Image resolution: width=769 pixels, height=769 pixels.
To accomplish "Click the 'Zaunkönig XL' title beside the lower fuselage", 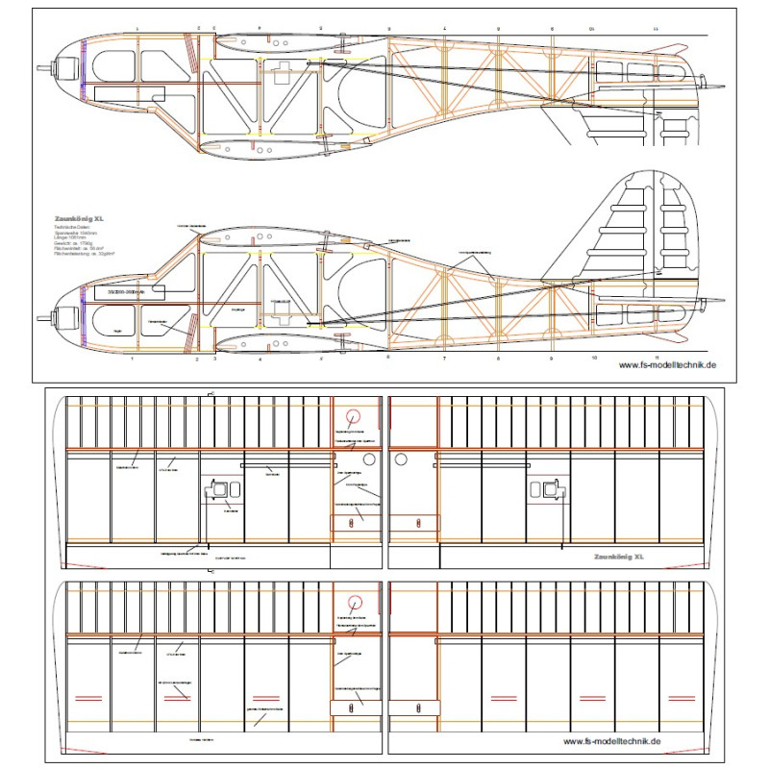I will tap(79, 219).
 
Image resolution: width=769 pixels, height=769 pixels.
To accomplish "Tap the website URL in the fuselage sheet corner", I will tap(668, 365).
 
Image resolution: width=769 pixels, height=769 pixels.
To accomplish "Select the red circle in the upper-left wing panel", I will tap(354, 415).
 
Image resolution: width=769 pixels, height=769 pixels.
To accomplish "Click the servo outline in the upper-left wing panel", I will tap(221, 490).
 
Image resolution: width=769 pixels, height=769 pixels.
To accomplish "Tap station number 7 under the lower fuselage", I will tap(444, 359).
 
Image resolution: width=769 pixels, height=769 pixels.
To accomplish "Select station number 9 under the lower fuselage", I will tap(552, 359).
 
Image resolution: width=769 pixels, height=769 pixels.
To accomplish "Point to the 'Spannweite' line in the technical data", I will tap(80, 233).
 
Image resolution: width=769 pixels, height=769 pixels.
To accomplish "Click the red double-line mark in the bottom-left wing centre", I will tap(261, 697).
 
